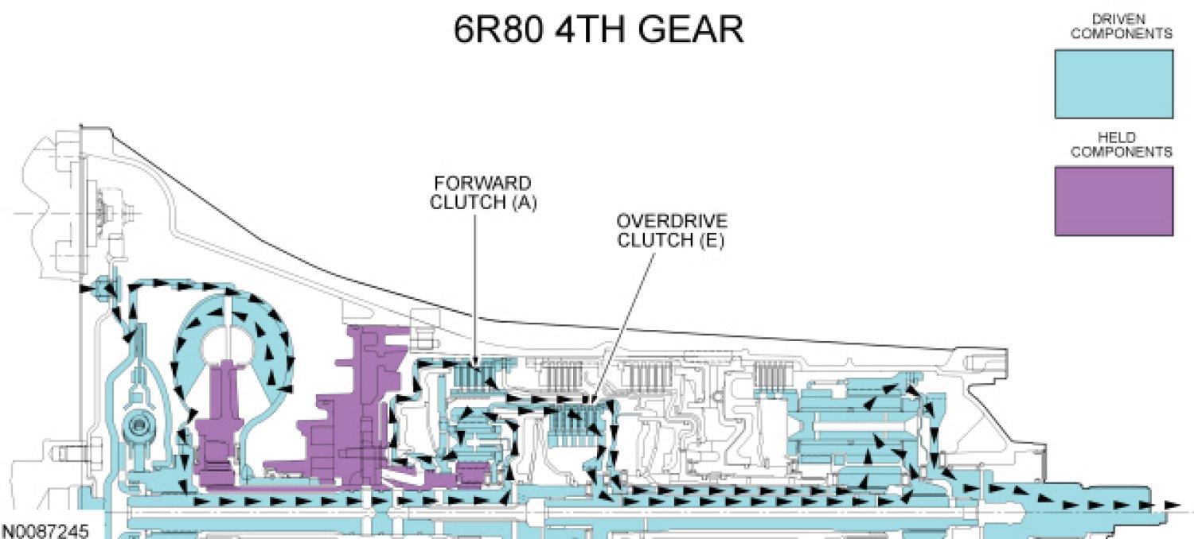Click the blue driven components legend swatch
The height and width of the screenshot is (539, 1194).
1113,83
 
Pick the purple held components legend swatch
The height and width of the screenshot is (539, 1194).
1113,200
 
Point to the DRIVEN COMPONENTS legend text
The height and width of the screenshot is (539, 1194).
1121,27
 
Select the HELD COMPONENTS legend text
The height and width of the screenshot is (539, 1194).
1121,145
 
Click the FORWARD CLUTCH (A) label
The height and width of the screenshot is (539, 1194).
483,193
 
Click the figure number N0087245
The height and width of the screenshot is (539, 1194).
45,530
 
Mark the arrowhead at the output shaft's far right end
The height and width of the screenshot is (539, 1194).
1172,504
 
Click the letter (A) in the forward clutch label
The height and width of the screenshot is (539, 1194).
524,203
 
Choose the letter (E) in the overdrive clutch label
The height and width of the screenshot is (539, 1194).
711,241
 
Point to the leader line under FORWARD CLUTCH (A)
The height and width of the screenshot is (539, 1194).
476,286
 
